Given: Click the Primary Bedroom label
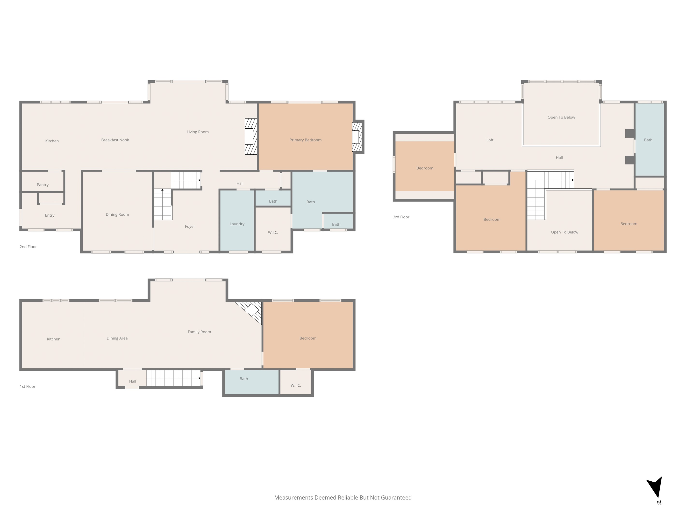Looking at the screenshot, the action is [x=306, y=140].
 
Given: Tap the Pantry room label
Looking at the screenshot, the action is [x=43, y=185].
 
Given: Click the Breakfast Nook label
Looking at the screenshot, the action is [x=115, y=140].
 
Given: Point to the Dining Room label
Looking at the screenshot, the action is [x=117, y=214].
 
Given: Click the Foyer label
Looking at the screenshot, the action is [x=190, y=227].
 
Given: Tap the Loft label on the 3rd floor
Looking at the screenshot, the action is [x=490, y=140].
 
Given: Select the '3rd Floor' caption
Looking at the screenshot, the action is [x=401, y=217].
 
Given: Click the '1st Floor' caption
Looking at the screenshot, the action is [x=28, y=386].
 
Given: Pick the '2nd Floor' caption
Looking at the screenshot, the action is [x=28, y=247].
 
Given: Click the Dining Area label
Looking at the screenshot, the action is [x=117, y=338].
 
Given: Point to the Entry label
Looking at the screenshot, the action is [x=50, y=215].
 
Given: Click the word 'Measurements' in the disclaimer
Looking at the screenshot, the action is [x=294, y=498].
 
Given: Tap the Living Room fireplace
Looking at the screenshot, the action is [x=251, y=136].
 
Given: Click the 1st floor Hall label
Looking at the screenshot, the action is [x=132, y=382].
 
